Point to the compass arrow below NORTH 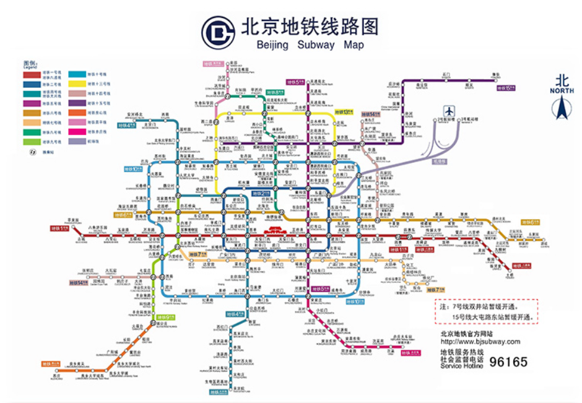(x=562, y=109)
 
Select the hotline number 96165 (x=508, y=361)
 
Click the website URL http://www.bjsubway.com (x=480, y=342)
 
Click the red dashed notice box (x=486, y=311)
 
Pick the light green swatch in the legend (x=33, y=142)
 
